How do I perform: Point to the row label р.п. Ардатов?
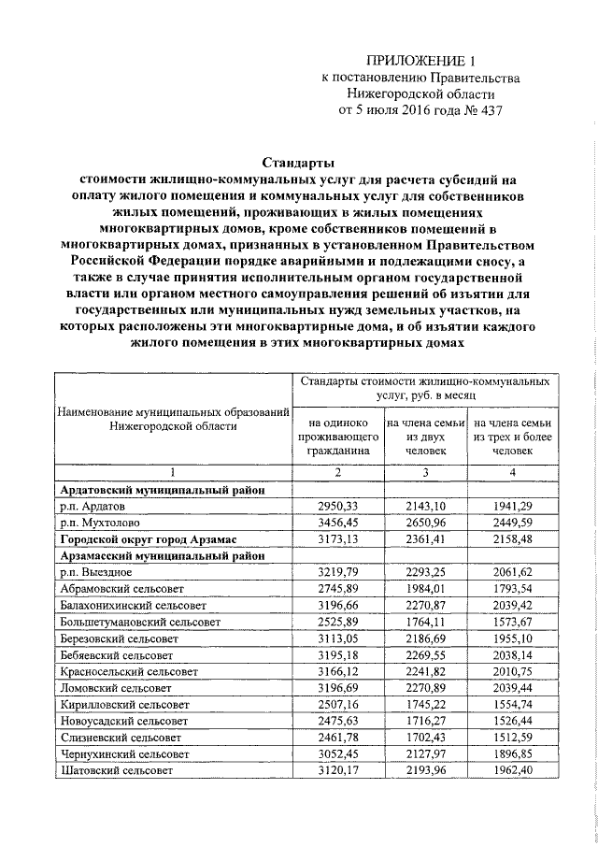[x=99, y=506]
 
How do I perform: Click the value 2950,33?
[x=338, y=506]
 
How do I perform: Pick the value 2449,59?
[x=510, y=523]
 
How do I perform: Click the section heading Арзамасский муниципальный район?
[x=164, y=555]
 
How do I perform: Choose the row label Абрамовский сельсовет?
[x=122, y=589]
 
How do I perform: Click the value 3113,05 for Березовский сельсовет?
[x=338, y=638]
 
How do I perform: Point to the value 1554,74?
[x=510, y=704]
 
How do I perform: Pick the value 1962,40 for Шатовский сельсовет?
[x=510, y=770]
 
